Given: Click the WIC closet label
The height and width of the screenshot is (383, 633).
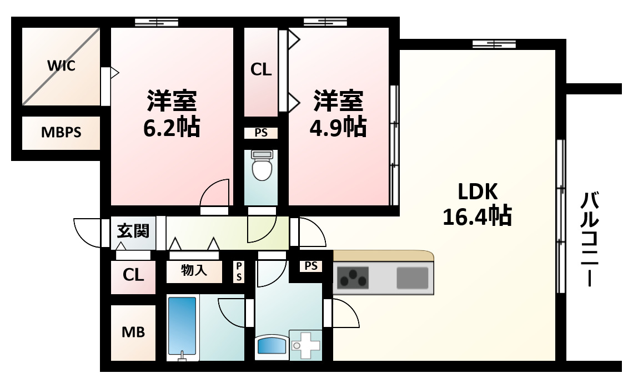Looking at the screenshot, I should (x=61, y=65).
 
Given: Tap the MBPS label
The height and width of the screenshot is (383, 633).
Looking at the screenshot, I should (x=61, y=133).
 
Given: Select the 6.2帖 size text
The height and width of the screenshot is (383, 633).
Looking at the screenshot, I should (x=172, y=128).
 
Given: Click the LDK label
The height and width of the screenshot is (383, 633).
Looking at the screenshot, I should (x=476, y=192).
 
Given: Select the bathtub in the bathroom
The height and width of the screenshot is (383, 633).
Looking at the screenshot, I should (x=182, y=327).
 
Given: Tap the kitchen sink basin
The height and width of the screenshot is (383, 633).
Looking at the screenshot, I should (x=412, y=278).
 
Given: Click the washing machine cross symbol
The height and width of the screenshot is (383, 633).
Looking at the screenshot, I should (x=304, y=345).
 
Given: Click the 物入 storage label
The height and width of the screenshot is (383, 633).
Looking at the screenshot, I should (x=194, y=271).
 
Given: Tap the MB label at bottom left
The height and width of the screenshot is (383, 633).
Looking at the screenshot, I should (x=133, y=332).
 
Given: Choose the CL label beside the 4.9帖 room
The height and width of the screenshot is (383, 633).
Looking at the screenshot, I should (x=261, y=70).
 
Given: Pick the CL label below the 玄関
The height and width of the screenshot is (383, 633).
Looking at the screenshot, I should (x=133, y=274).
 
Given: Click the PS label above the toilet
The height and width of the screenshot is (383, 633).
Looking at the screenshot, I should (x=260, y=133).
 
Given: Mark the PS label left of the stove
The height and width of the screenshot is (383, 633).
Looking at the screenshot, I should (x=311, y=266).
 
